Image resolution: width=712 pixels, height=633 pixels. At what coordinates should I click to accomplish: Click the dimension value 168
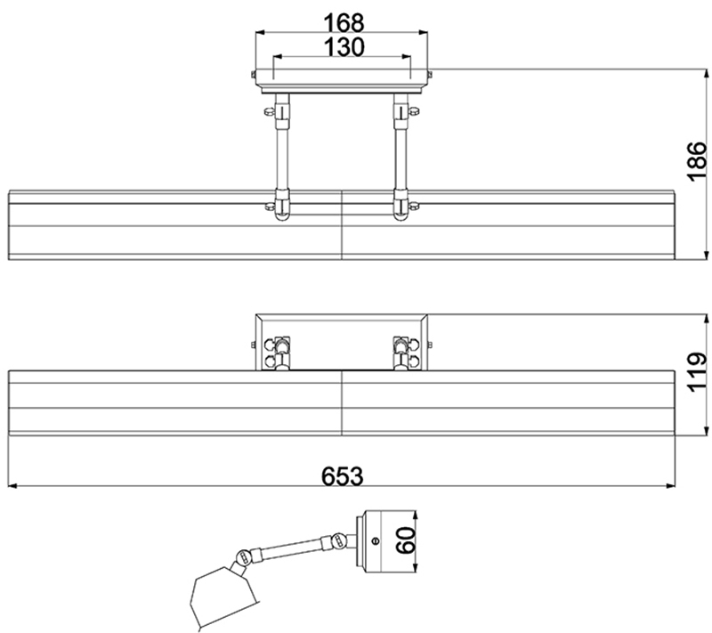click(344, 23)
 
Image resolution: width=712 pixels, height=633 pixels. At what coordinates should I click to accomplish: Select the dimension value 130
click(344, 47)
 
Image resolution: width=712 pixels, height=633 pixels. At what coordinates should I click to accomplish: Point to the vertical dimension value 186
click(697, 162)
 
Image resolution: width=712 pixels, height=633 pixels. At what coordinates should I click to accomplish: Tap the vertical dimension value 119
click(697, 372)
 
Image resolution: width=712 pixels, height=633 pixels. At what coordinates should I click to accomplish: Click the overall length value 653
click(343, 476)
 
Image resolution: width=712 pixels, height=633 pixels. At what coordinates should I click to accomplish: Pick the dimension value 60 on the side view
click(406, 540)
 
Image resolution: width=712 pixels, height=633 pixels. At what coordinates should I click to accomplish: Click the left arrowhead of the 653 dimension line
click(12, 486)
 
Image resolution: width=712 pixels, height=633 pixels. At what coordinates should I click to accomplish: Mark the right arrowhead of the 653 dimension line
click(670, 486)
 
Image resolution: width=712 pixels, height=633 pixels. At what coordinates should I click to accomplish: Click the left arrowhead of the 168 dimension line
click(260, 32)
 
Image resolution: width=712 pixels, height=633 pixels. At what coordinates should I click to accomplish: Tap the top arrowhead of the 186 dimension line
click(706, 74)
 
